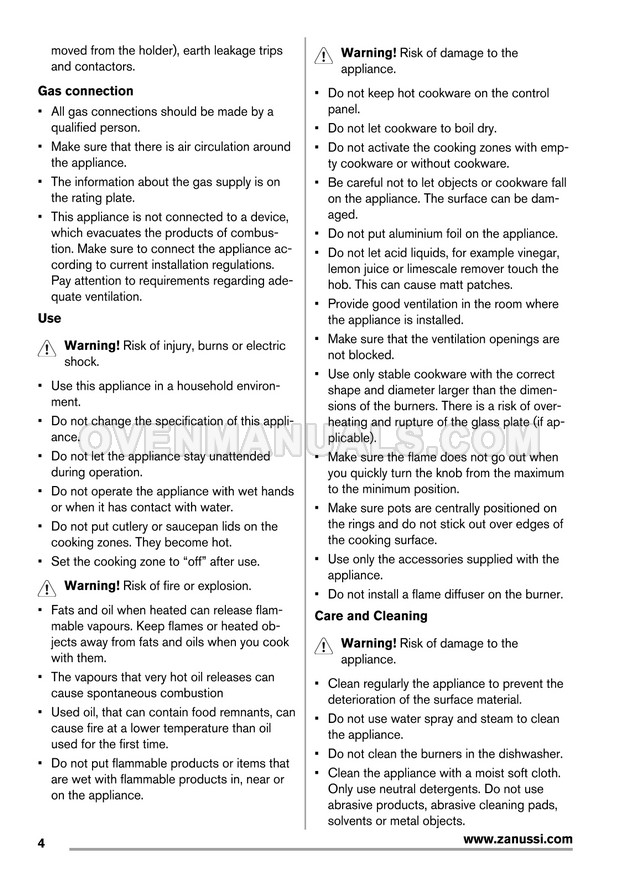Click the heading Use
tap(49, 318)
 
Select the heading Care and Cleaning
tap(370, 616)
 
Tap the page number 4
tap(42, 843)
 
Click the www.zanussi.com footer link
tap(518, 839)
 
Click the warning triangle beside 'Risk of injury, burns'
tap(48, 349)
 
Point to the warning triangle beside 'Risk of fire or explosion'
tap(48, 588)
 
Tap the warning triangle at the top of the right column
tap(324, 57)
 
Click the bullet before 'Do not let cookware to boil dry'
tap(316, 129)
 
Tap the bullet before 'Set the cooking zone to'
tap(39, 561)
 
